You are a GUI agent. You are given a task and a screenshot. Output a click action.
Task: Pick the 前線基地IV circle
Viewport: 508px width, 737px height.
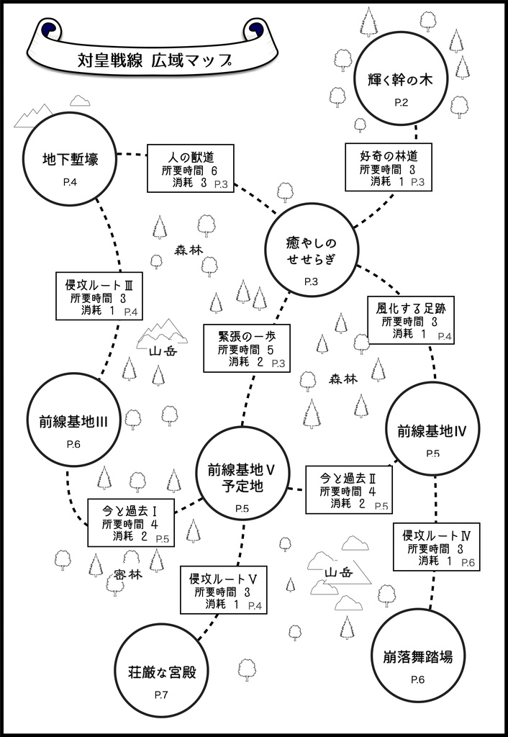(432, 430)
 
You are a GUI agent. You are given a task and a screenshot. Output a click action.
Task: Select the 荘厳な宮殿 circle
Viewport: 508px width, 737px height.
(162, 673)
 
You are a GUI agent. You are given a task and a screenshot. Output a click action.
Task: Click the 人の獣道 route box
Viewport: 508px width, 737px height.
(191, 168)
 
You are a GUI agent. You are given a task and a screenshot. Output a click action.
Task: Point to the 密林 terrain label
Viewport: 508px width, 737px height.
(128, 575)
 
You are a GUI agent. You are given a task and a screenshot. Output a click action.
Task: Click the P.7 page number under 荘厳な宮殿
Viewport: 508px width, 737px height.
(161, 695)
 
